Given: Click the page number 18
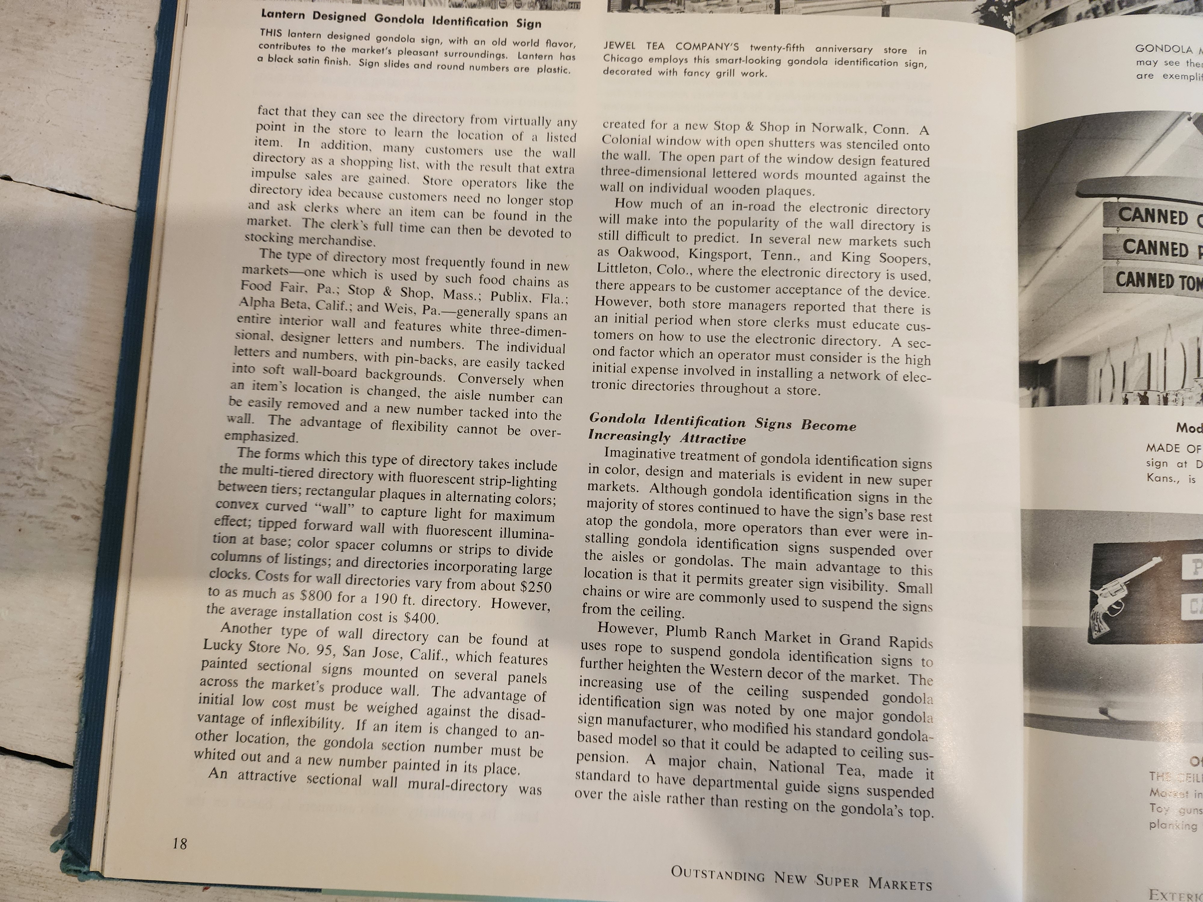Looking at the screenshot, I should (x=180, y=843).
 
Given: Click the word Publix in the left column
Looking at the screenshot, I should (x=509, y=296).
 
